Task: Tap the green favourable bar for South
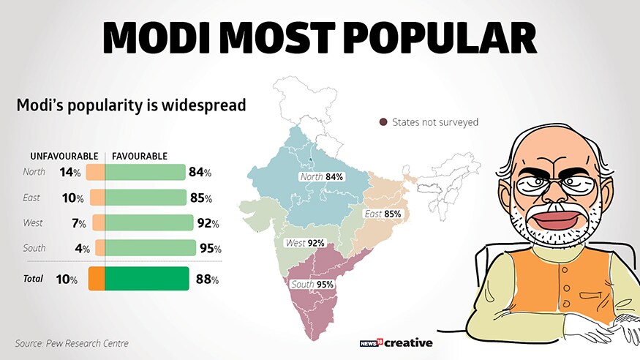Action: pyautogui.click(x=151, y=247)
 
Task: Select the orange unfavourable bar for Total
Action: pyautogui.click(x=97, y=279)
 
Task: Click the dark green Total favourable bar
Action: pyautogui.click(x=147, y=279)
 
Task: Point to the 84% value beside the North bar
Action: pyautogui.click(x=199, y=173)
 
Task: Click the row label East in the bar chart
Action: pyautogui.click(x=32, y=198)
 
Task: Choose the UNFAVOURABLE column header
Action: pyautogui.click(x=64, y=157)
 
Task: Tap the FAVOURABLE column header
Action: pyautogui.click(x=140, y=157)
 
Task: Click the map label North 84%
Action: pyautogui.click(x=322, y=177)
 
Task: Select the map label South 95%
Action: pyautogui.click(x=312, y=284)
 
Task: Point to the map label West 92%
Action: pyautogui.click(x=305, y=243)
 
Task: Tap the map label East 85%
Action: pyautogui.click(x=383, y=214)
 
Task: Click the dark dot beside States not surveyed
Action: pyautogui.click(x=383, y=122)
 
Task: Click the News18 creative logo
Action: pyautogui.click(x=397, y=342)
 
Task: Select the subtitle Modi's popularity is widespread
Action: pyautogui.click(x=131, y=105)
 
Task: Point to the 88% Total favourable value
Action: pyautogui.click(x=207, y=279)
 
